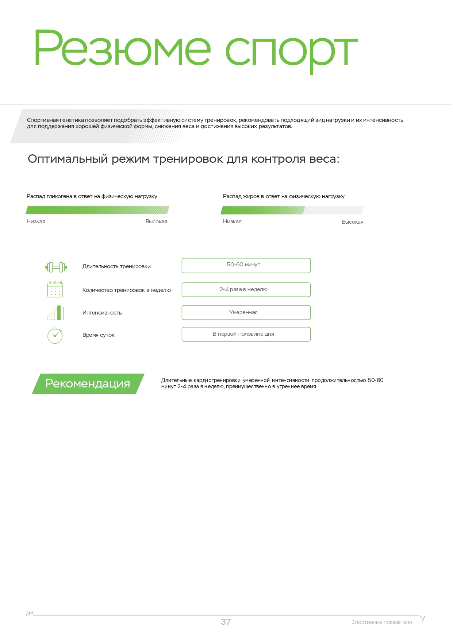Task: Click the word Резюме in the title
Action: pyautogui.click(x=122, y=48)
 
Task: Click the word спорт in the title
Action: pyautogui.click(x=291, y=51)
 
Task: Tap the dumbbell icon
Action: pyautogui.click(x=56, y=267)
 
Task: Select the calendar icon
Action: pyautogui.click(x=55, y=289)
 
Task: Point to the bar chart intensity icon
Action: pyautogui.click(x=56, y=313)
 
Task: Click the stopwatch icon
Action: pyautogui.click(x=55, y=335)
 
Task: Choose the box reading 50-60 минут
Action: pyautogui.click(x=246, y=265)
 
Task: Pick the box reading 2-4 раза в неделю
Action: pyautogui.click(x=246, y=290)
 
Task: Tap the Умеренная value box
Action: pyautogui.click(x=246, y=313)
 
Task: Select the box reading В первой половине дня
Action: pyautogui.click(x=246, y=334)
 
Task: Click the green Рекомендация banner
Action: pyautogui.click(x=88, y=383)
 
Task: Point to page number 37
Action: pyautogui.click(x=226, y=622)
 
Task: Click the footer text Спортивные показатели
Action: pyautogui.click(x=381, y=622)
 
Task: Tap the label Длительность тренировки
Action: pyautogui.click(x=116, y=266)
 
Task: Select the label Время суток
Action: pyautogui.click(x=99, y=335)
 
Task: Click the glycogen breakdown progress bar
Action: pyautogui.click(x=97, y=210)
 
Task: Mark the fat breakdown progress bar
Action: pyautogui.click(x=292, y=210)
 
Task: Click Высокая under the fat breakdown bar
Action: pyautogui.click(x=352, y=222)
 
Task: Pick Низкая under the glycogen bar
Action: pyautogui.click(x=36, y=221)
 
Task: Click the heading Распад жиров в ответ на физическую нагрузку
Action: pyautogui.click(x=284, y=196)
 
